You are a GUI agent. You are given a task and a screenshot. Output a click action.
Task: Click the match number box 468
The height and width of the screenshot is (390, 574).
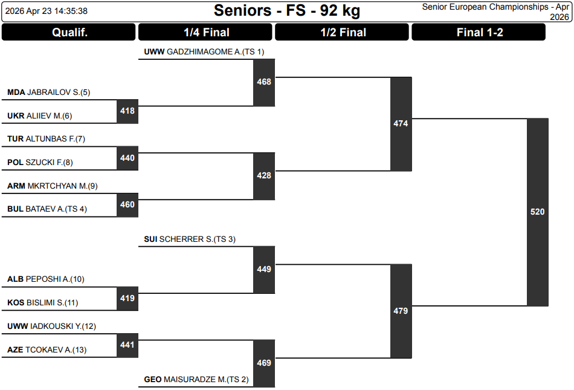[x=264, y=82]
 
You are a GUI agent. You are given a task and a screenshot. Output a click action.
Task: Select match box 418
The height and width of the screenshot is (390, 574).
[x=127, y=111]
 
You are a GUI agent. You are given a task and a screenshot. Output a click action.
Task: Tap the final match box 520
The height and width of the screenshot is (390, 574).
[x=537, y=212]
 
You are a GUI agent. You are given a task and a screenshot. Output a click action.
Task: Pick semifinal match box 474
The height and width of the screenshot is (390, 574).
[x=401, y=124]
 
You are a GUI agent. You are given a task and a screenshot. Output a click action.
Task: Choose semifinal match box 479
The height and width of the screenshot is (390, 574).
[x=401, y=311]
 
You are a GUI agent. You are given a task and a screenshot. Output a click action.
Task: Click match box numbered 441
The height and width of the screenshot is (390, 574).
[x=127, y=345]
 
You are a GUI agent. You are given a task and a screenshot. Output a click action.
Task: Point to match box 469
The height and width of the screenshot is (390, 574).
[x=264, y=363]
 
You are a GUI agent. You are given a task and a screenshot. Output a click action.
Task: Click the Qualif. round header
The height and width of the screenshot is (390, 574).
[x=69, y=33]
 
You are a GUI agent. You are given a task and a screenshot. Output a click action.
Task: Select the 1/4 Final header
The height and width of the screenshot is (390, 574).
[x=206, y=33]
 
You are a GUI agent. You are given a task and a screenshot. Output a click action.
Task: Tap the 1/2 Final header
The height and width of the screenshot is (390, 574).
[x=343, y=33]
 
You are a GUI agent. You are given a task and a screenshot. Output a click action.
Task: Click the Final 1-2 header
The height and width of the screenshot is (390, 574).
[x=479, y=33]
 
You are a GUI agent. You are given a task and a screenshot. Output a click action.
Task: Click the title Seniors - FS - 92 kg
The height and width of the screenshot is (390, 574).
[x=287, y=11]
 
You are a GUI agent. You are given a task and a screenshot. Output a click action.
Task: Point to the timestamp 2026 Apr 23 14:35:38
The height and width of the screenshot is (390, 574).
[x=48, y=11]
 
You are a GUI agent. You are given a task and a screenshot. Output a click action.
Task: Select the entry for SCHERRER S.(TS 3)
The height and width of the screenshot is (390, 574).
[x=197, y=239]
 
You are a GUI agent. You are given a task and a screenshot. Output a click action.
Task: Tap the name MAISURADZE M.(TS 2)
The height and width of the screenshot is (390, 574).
[x=206, y=380]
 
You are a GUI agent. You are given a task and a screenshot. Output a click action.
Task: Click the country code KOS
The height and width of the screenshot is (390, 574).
[x=16, y=303]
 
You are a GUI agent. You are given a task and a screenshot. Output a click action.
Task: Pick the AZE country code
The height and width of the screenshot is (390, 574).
[x=15, y=349]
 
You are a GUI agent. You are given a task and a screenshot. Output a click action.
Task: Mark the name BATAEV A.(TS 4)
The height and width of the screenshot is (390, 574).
[x=56, y=209]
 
